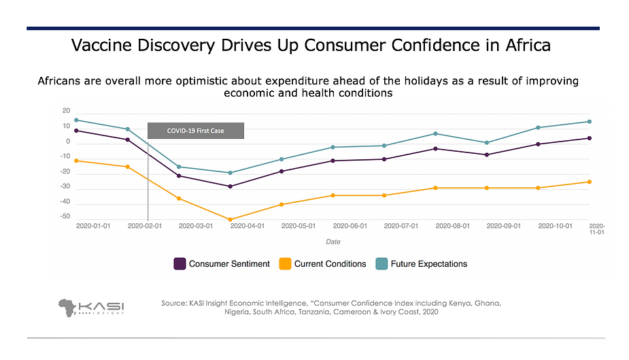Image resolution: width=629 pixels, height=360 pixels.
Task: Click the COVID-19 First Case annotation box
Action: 196,131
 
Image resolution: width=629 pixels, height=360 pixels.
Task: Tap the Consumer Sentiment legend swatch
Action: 180,264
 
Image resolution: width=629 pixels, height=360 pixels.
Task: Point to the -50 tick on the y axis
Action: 66,216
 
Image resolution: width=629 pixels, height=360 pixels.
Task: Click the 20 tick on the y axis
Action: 67,111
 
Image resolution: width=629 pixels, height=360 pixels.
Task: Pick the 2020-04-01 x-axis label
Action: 248,226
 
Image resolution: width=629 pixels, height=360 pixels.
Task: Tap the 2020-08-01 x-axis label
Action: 453,226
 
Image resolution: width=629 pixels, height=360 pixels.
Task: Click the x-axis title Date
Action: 333,242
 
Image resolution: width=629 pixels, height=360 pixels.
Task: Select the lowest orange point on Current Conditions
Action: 231,220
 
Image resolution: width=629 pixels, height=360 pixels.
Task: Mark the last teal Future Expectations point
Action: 590,122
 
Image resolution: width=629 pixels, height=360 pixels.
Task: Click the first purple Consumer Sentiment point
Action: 76,131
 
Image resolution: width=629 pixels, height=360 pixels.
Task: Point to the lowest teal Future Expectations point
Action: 231,173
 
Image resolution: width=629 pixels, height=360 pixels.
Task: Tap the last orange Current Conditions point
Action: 590,182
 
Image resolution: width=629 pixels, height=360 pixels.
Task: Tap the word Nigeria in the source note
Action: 241,312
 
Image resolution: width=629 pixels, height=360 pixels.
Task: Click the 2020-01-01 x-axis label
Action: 93,226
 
